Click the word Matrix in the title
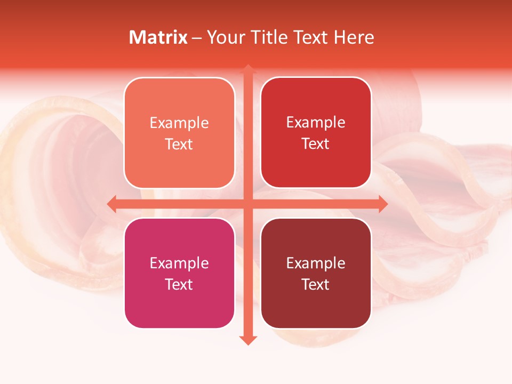[158, 37]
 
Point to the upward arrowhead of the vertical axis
[248, 69]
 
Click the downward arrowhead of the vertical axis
[248, 340]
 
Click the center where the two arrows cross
[248, 204]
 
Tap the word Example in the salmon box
[179, 123]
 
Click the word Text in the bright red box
[316, 144]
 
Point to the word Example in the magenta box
[179, 263]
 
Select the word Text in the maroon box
[316, 284]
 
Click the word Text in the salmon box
[179, 145]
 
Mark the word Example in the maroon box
[316, 263]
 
